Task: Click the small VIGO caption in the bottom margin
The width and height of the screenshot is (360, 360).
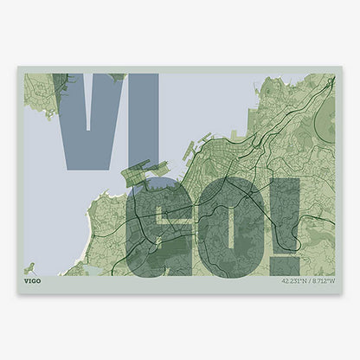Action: (32, 281)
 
